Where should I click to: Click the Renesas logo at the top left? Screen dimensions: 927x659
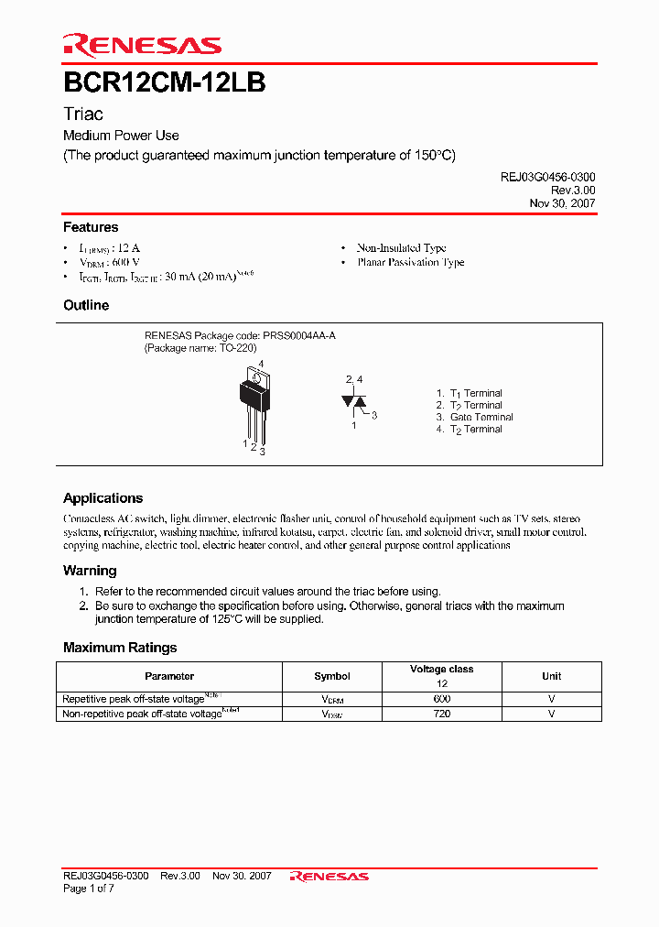click(x=142, y=46)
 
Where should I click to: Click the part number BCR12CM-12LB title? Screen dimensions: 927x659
click(x=164, y=83)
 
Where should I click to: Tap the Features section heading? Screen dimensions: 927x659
click(x=91, y=227)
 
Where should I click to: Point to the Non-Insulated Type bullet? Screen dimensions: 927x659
click(x=401, y=248)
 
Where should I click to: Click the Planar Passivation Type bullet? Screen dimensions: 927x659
click(x=410, y=263)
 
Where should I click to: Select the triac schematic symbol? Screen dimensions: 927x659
click(x=354, y=401)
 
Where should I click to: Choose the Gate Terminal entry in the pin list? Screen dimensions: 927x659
click(x=481, y=417)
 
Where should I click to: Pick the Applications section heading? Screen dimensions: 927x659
click(x=103, y=498)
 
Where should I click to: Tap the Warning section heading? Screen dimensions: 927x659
click(x=90, y=571)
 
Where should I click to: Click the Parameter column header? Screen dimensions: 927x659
click(x=169, y=676)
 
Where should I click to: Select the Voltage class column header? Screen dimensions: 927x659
click(x=442, y=670)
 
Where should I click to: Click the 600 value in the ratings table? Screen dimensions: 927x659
click(x=442, y=699)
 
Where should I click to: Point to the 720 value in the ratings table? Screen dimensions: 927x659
click(x=442, y=714)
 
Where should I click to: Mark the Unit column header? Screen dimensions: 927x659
click(x=551, y=676)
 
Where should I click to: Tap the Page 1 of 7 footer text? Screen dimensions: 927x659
click(x=88, y=889)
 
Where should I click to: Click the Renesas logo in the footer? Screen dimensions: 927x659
click(x=329, y=877)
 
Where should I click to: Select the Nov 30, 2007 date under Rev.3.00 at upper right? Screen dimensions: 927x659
click(x=562, y=202)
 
